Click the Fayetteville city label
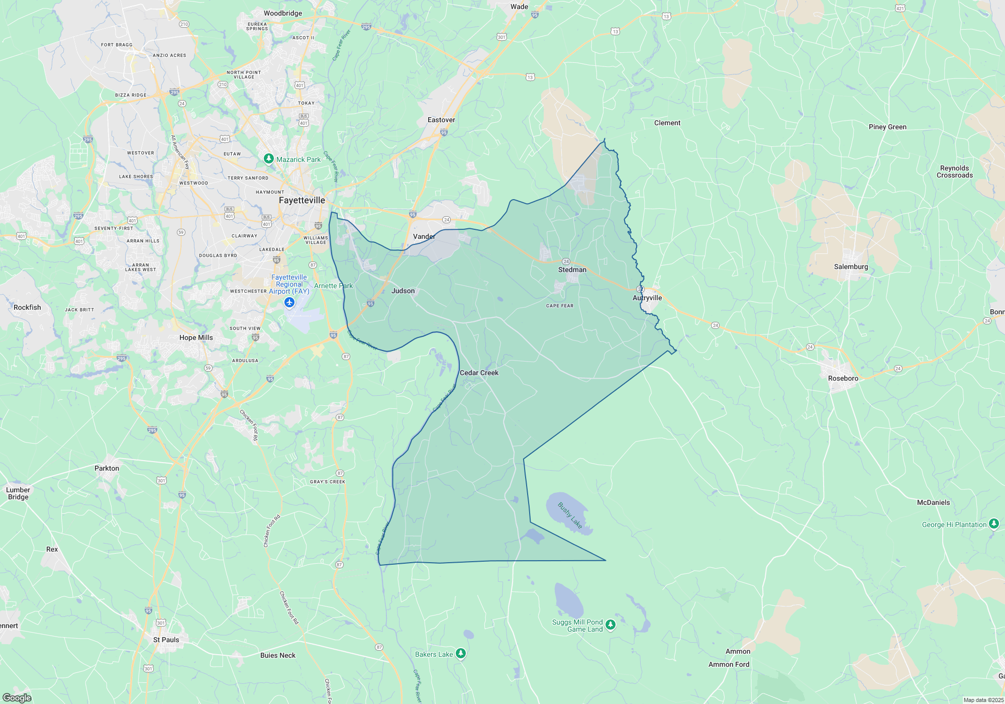pyautogui.click(x=301, y=200)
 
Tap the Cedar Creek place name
pyautogui.click(x=479, y=373)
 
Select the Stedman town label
pyautogui.click(x=572, y=270)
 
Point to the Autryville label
pyautogui.click(x=647, y=298)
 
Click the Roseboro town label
pyautogui.click(x=843, y=378)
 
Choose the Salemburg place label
pyautogui.click(x=851, y=267)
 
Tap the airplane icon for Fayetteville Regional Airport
pyautogui.click(x=289, y=302)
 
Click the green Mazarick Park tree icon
pyautogui.click(x=269, y=159)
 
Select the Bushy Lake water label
pyautogui.click(x=570, y=515)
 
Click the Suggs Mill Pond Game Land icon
pyautogui.click(x=611, y=625)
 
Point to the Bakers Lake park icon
pyautogui.click(x=461, y=653)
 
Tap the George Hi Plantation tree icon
pyautogui.click(x=993, y=524)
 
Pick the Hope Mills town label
pyautogui.click(x=196, y=337)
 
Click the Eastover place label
pyautogui.click(x=441, y=120)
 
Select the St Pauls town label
pyautogui.click(x=166, y=640)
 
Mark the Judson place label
pyautogui.click(x=403, y=291)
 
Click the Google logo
pyautogui.click(x=17, y=697)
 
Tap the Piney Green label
pyautogui.click(x=887, y=127)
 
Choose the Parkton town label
pyautogui.click(x=107, y=468)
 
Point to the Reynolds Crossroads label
pyautogui.click(x=954, y=171)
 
